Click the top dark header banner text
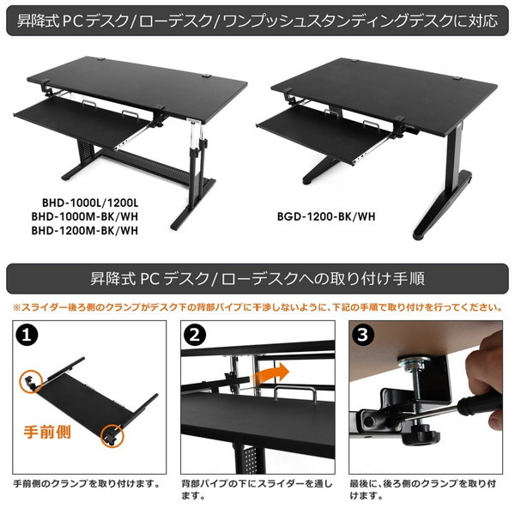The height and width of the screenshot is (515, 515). pyautogui.click(x=257, y=19)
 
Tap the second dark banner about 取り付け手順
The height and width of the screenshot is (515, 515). pyautogui.click(x=257, y=279)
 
